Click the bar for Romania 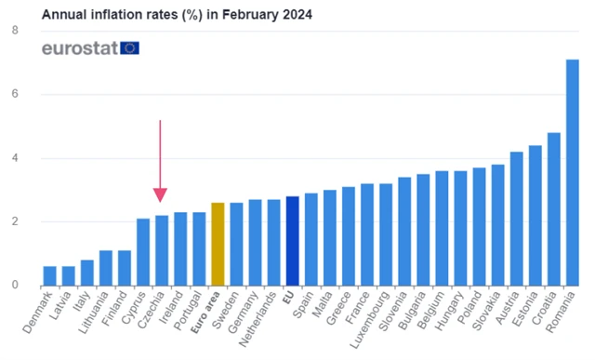572,173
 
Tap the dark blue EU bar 292,241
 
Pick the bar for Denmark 50,275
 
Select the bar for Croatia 553,209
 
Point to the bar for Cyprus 143,252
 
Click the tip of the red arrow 161,200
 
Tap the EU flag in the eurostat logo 129,47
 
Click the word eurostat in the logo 78,47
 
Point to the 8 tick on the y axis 15,31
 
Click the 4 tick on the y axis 15,158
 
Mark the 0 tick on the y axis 15,285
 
